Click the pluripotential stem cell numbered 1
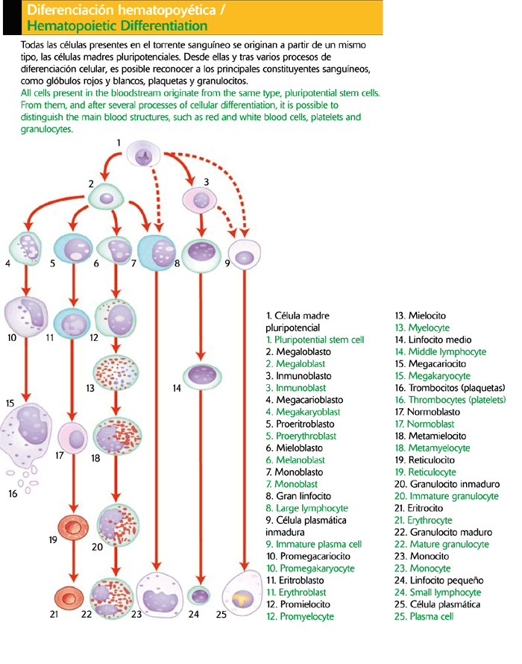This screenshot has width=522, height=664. point(144,155)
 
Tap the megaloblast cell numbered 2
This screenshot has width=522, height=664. point(108,198)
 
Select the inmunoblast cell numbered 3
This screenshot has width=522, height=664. point(201,198)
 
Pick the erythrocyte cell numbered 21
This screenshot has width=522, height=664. point(72,597)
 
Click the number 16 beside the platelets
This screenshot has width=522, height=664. point(12,493)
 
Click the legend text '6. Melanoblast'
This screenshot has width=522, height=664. point(296,460)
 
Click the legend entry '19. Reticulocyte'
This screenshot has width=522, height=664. point(425,472)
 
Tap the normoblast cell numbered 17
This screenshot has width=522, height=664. point(73,439)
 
